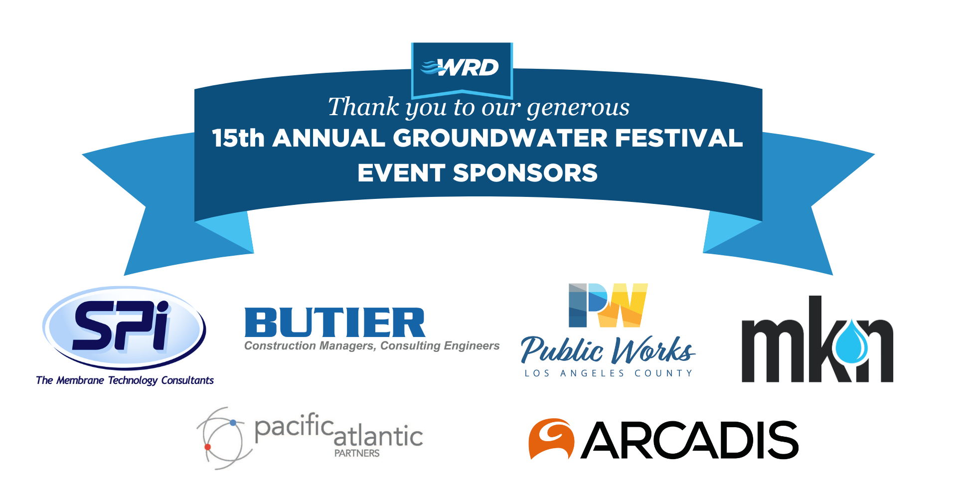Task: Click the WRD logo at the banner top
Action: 460,67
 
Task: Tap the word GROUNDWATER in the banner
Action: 500,138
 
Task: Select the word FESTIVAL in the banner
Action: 679,138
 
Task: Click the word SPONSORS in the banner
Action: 525,173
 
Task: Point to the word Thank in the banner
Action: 363,107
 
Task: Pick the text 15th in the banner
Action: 238,138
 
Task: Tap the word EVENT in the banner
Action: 401,173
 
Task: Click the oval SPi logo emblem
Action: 124,327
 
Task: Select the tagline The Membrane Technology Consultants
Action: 125,380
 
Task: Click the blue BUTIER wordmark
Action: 335,323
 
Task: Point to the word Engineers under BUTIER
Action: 472,346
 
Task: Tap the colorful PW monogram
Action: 608,305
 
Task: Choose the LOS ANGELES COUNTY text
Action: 609,373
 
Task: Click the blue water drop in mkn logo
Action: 851,342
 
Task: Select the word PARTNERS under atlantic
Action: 357,453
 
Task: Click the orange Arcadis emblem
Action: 551,439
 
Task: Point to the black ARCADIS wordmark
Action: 690,440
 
